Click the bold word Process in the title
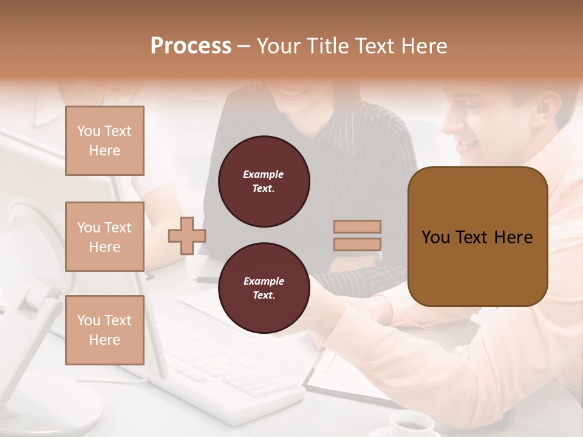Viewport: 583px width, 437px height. click(191, 46)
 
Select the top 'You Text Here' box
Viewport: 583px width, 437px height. click(104, 141)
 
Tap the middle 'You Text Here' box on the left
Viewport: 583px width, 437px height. click(104, 237)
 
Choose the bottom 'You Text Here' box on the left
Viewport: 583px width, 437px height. click(104, 330)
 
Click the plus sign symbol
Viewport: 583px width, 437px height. click(187, 235)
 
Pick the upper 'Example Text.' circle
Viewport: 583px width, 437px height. click(264, 181)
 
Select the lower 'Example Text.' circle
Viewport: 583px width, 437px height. click(264, 288)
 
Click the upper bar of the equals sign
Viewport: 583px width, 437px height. click(357, 226)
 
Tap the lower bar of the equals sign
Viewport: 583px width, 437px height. click(357, 244)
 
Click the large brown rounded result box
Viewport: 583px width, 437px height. click(477, 237)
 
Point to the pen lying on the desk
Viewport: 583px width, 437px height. click(206, 279)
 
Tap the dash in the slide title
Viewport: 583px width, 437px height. click(244, 46)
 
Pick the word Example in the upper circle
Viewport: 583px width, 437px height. click(264, 174)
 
